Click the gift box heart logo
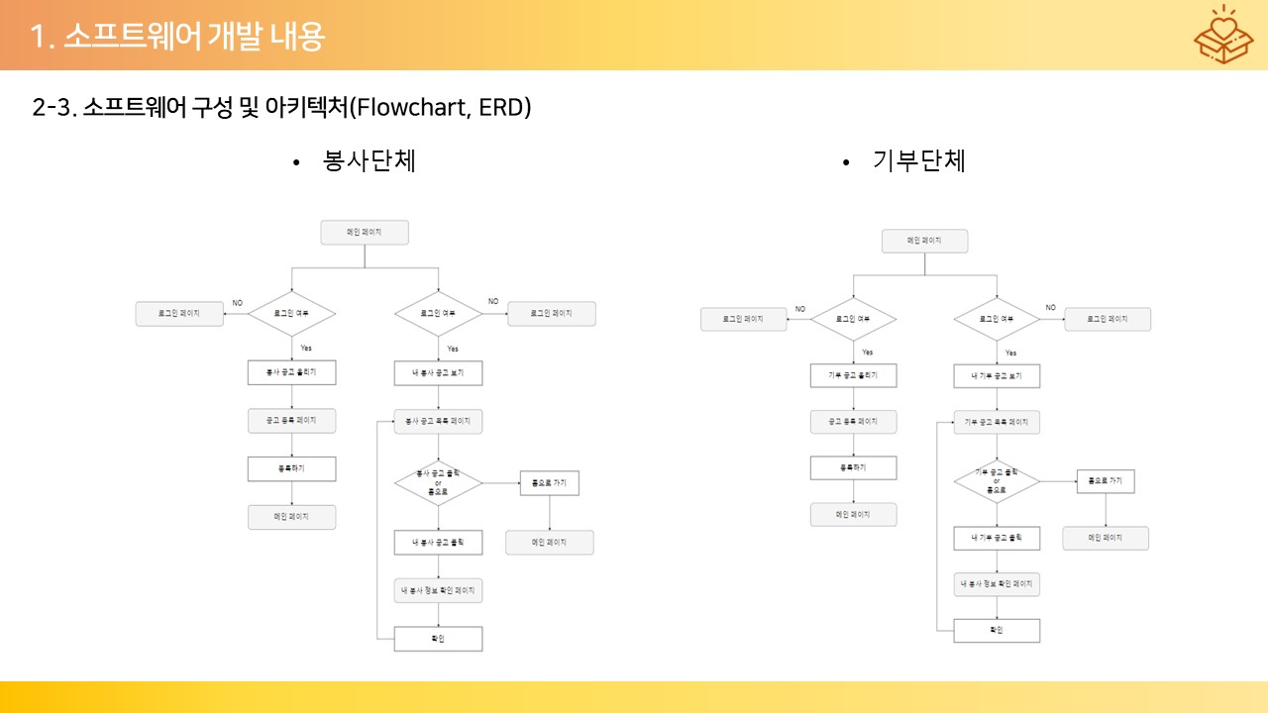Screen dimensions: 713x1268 point(1222,37)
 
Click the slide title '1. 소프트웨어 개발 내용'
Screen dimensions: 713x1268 point(177,37)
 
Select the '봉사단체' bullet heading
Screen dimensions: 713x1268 point(369,160)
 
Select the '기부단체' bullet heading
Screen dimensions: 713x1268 point(918,160)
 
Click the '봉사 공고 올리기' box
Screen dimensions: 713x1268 point(291,372)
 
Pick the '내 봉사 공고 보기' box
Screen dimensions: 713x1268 point(438,373)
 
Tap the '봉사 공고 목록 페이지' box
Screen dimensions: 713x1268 point(438,421)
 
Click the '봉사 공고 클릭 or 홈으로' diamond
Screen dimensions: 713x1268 point(438,483)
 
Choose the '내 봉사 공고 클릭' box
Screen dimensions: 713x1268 point(438,543)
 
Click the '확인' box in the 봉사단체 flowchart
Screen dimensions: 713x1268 point(438,639)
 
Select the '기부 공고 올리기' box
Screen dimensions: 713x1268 point(853,375)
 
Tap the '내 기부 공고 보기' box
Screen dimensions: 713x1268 point(997,376)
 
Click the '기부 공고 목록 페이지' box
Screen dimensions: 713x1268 point(997,422)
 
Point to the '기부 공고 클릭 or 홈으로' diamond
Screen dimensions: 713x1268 point(997,481)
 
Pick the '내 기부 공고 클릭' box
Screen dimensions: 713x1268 point(997,538)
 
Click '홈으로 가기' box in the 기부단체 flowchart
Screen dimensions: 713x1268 point(1106,480)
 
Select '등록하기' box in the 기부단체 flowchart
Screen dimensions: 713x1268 point(853,467)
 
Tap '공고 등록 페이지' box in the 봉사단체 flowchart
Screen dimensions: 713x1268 point(291,420)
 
